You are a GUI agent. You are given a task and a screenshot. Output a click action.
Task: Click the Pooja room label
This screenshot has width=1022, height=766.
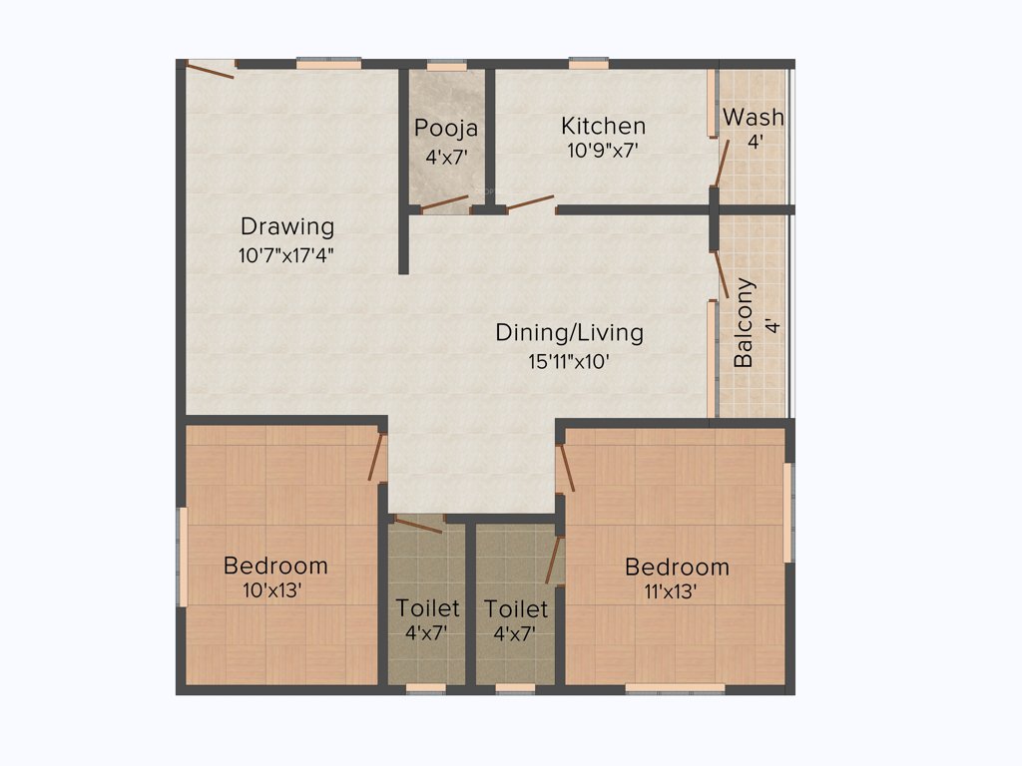[x=446, y=128]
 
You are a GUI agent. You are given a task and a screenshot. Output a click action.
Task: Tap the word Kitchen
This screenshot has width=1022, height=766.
[x=603, y=126]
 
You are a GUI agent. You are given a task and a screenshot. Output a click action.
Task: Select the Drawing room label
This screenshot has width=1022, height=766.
[x=286, y=226]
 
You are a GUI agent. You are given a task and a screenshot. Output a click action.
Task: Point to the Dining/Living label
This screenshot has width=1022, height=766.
[x=569, y=332]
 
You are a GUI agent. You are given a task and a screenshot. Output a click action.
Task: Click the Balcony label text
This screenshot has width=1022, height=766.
[x=744, y=323]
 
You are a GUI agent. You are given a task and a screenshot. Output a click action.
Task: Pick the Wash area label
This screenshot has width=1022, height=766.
[x=754, y=117]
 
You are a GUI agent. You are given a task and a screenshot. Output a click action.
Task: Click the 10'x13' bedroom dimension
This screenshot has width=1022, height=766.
[x=272, y=590]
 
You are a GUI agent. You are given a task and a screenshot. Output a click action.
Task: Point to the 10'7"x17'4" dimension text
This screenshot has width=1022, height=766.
[x=285, y=254]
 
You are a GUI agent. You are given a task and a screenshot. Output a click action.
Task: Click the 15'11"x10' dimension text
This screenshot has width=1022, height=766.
[x=569, y=361]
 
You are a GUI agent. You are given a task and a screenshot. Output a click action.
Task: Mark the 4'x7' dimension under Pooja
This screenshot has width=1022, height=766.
[x=446, y=156]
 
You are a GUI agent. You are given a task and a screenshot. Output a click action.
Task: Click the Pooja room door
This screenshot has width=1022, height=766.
[x=444, y=203]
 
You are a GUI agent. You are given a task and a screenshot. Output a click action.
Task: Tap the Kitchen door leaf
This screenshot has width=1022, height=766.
[x=529, y=203]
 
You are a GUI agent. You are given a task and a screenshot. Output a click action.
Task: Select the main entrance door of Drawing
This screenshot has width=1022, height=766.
[x=211, y=69]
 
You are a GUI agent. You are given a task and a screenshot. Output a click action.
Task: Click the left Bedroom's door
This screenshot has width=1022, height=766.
[x=376, y=456]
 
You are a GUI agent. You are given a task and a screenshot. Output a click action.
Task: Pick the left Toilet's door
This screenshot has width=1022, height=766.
[x=417, y=525]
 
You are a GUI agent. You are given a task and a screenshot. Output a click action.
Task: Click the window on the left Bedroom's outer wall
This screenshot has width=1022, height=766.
[x=182, y=556]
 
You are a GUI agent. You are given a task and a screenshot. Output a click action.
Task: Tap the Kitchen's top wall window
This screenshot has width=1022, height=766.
[x=589, y=64]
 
